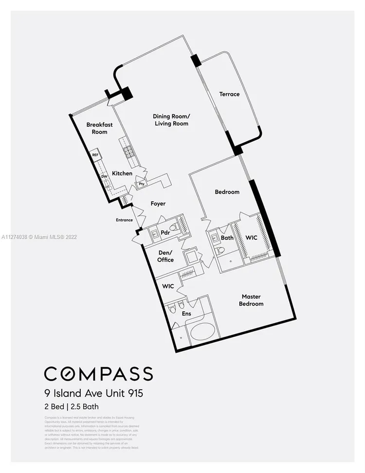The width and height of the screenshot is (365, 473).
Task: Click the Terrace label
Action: click(x=229, y=94)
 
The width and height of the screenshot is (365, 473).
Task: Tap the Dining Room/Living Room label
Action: click(x=171, y=120)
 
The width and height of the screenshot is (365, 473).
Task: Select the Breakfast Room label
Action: click(x=99, y=128)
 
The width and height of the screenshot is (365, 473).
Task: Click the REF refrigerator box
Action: click(x=95, y=155)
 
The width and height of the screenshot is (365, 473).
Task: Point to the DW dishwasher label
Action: click(x=104, y=176)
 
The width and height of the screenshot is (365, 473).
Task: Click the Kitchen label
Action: click(x=122, y=173)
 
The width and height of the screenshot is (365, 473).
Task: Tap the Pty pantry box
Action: click(x=142, y=184)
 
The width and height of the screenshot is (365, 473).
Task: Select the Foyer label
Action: click(x=158, y=204)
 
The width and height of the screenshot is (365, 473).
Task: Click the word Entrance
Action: click(x=124, y=220)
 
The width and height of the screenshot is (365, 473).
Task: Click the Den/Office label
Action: click(x=165, y=256)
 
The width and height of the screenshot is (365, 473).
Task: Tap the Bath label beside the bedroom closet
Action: click(x=227, y=238)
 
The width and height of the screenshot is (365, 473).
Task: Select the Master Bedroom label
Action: click(x=251, y=300)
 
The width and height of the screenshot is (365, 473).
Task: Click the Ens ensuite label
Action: click(x=186, y=314)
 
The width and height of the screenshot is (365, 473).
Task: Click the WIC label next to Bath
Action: click(x=252, y=238)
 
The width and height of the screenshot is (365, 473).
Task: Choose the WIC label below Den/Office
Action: click(x=168, y=286)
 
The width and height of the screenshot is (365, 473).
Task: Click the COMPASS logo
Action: click(x=98, y=374)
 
